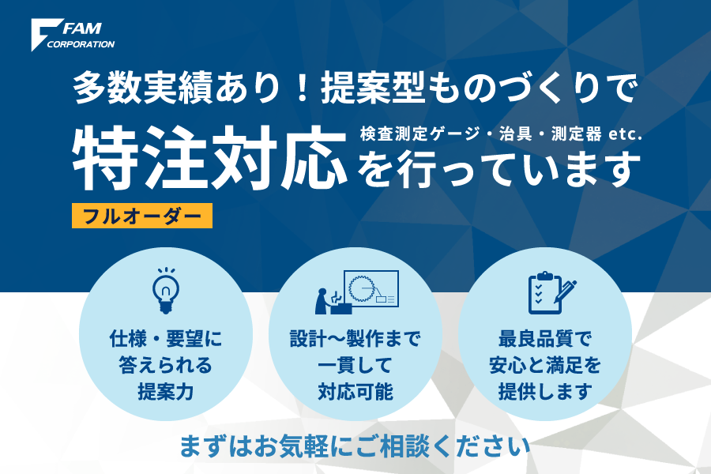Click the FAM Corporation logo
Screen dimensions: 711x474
coord(73,35)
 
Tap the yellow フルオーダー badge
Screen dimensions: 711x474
coord(142,216)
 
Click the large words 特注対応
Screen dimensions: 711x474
coord(210,158)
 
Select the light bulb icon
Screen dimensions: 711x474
coord(166,291)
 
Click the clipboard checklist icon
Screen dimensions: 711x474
coord(545,293)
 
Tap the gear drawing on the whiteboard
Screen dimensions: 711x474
coord(361,288)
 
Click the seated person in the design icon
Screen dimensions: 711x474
coord(323,301)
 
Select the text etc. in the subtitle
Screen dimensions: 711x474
coord(626,134)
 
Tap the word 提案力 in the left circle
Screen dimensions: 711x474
coord(166,392)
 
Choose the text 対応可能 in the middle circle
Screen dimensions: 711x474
coord(355,392)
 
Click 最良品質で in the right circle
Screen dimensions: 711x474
coord(544,338)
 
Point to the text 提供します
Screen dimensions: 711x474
coord(544,392)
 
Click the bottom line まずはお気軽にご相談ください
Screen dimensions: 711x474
coord(355,446)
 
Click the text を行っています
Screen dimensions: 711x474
coord(498,169)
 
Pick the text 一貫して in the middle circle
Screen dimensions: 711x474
coord(355,365)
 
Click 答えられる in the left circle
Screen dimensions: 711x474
coord(166,365)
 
